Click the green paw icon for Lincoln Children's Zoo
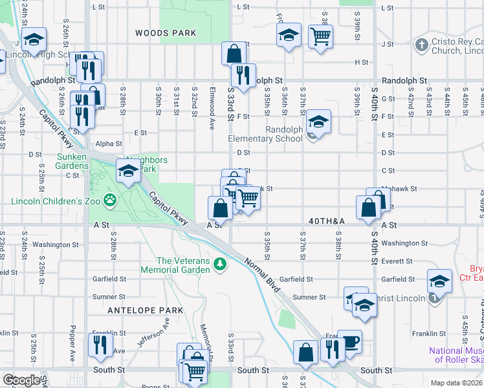tap(111, 200)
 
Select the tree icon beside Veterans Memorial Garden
tap(220, 264)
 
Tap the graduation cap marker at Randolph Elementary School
tap(318, 121)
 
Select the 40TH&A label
tap(327, 221)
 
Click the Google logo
tap(21, 380)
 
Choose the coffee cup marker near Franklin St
tap(349, 341)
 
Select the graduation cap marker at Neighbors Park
tap(128, 171)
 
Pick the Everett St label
tap(397, 261)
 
